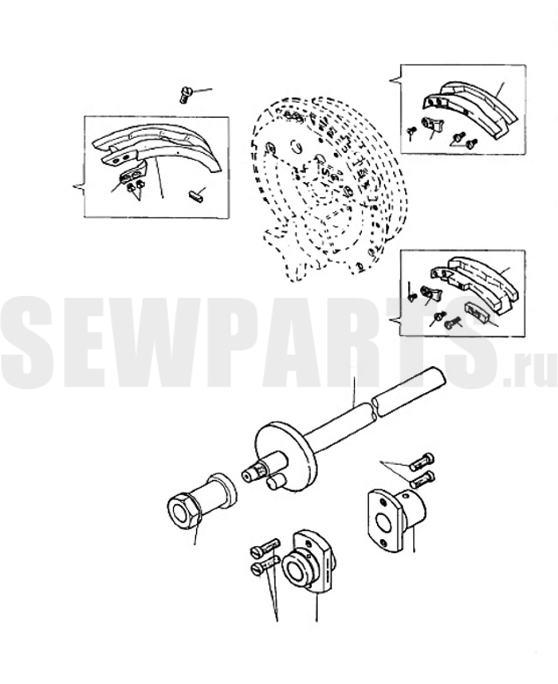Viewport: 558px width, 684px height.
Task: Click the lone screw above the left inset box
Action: click(186, 95)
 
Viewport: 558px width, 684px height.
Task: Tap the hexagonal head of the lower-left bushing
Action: click(183, 511)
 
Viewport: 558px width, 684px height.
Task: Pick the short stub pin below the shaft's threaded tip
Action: click(275, 482)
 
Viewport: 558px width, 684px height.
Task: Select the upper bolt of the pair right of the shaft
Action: click(422, 462)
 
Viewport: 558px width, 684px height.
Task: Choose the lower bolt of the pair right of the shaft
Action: click(422, 479)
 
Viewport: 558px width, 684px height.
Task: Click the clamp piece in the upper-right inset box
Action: click(432, 124)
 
